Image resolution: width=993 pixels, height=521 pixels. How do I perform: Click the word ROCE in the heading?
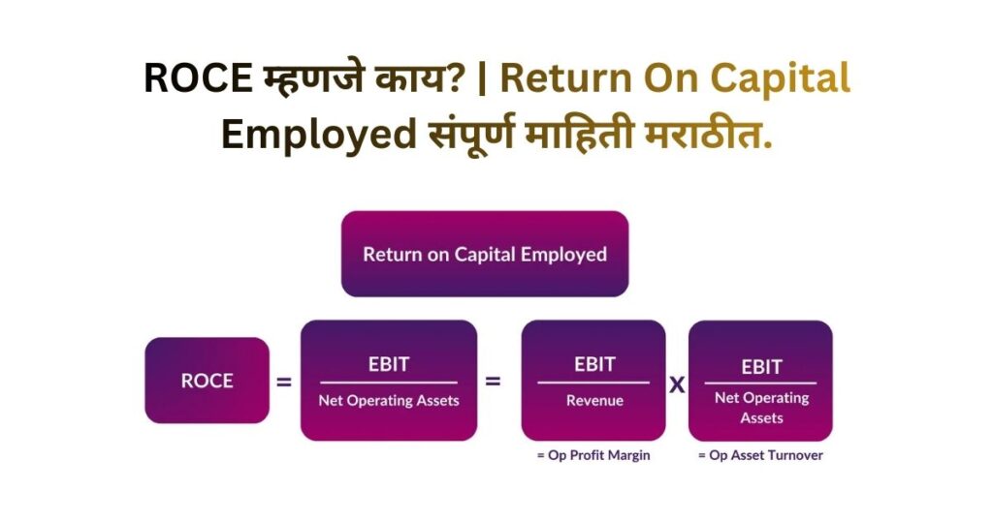coord(197,78)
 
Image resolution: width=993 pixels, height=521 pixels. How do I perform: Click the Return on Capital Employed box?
coord(485,254)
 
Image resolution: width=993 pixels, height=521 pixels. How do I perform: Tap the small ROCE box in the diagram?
coord(207,381)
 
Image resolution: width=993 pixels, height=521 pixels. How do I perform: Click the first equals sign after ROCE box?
coord(284,383)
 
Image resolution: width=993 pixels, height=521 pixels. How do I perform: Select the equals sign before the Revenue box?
coord(493,382)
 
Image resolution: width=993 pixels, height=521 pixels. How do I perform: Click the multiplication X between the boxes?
coord(677,384)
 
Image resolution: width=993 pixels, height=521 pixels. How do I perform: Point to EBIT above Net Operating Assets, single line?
coord(388,364)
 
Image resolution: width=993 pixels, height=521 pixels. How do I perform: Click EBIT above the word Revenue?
coord(593,364)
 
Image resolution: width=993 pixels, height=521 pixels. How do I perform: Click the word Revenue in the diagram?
coord(594,400)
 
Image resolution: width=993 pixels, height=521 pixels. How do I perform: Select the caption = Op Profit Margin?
coord(593,455)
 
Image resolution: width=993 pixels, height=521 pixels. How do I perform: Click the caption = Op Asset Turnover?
coord(760,455)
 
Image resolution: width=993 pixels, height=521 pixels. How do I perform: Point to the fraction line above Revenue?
coord(593,383)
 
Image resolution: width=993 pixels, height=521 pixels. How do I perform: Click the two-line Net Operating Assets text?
coord(761,408)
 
